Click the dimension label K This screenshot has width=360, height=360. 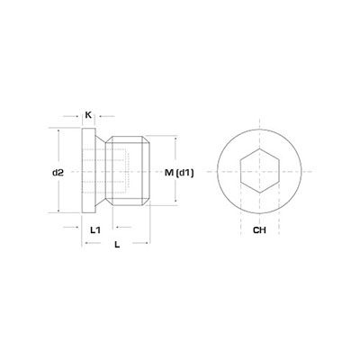[88, 115]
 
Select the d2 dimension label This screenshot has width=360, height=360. [58, 171]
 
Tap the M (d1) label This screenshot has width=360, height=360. [175, 172]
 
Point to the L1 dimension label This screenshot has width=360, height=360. [94, 229]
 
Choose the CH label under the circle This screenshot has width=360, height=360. [260, 229]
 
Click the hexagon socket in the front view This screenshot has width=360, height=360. [260, 171]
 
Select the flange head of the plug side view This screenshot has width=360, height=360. [92, 171]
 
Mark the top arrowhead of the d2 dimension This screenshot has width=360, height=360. [58, 131]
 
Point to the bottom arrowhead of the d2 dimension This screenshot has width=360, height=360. [58, 211]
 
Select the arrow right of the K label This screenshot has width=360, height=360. [100, 115]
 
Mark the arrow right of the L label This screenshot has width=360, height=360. [145, 244]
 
